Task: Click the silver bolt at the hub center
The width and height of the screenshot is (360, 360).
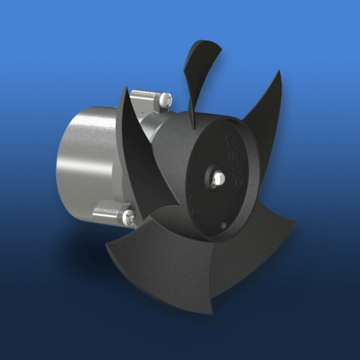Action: click(217, 178)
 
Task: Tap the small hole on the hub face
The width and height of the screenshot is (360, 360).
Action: click(223, 226)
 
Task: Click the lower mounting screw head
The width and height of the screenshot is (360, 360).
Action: click(127, 215)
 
